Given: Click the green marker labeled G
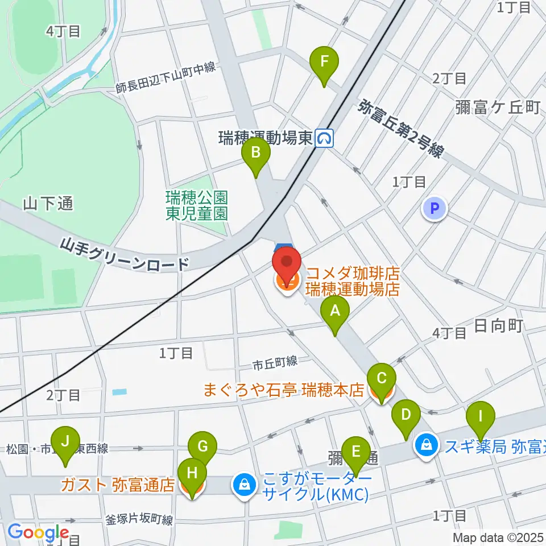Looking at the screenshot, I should (x=203, y=448).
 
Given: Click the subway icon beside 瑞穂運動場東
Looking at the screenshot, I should (x=325, y=138).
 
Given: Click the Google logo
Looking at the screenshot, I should (x=38, y=532).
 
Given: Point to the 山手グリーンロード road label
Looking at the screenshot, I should (x=125, y=255).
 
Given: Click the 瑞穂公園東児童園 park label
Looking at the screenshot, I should (x=197, y=205).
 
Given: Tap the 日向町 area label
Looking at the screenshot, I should (x=498, y=325).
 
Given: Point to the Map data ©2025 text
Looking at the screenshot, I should (x=498, y=537).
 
